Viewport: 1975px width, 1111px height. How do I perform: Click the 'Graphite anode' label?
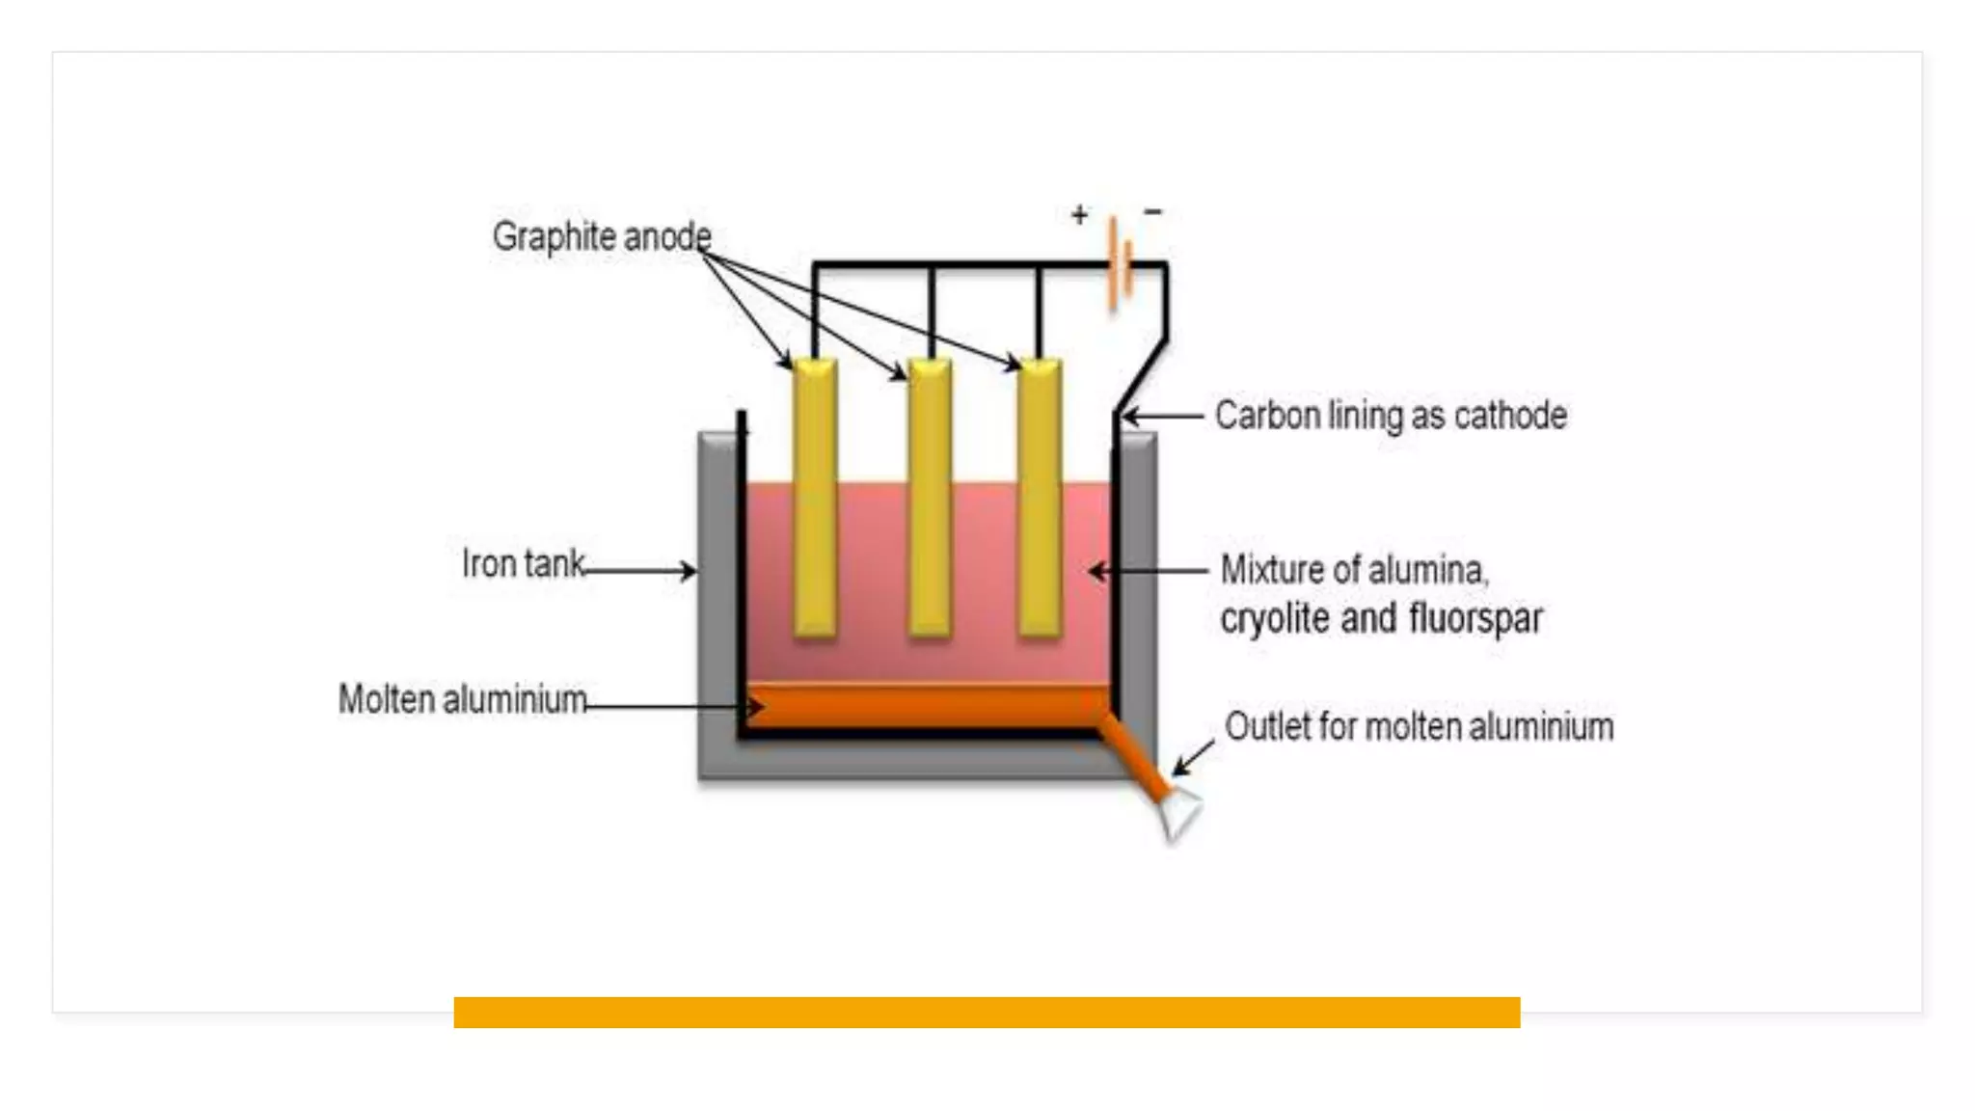tap(602, 236)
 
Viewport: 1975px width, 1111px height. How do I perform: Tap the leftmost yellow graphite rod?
tap(815, 497)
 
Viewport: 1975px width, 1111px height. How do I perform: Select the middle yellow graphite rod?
tap(930, 497)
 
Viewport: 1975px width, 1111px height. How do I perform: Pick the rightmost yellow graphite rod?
tap(1040, 497)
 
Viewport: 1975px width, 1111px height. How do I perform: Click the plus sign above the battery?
tap(1079, 214)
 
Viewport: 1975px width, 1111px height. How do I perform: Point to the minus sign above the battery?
tap(1153, 211)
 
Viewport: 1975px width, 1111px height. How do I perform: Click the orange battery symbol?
tap(1119, 262)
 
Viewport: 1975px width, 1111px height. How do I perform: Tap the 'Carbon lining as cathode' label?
tap(1391, 416)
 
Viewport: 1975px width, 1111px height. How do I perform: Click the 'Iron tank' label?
tap(523, 563)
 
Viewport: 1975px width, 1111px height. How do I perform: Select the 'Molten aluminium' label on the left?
tap(462, 699)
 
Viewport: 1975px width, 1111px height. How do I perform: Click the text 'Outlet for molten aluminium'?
tap(1419, 726)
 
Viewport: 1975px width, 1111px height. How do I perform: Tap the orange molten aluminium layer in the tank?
tap(926, 707)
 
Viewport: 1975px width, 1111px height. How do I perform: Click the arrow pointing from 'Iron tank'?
tap(640, 571)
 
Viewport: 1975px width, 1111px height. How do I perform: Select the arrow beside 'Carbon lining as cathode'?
tap(1163, 417)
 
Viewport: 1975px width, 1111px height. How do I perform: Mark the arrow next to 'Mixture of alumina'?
tap(1148, 571)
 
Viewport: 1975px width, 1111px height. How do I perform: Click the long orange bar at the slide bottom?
tap(987, 1012)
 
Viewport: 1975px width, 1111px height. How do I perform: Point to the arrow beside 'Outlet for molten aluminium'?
tap(1193, 758)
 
